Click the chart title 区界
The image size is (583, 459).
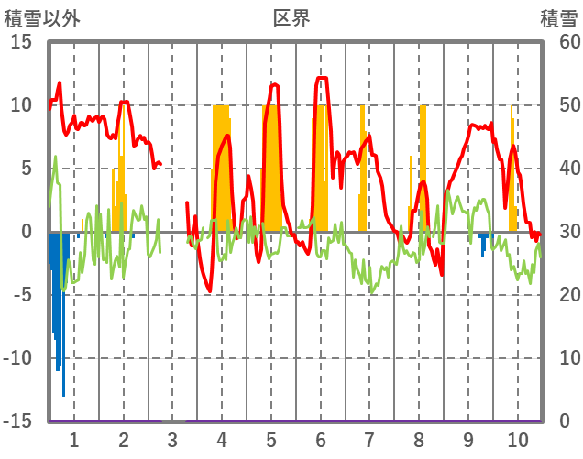291,17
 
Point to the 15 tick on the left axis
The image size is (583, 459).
21,42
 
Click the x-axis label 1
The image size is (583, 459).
74,438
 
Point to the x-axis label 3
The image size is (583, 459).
172,438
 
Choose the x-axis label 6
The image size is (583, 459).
321,438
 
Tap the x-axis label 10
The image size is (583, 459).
518,438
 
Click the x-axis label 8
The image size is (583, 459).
419,438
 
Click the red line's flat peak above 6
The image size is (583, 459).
322,79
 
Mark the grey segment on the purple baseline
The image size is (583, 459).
173,421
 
